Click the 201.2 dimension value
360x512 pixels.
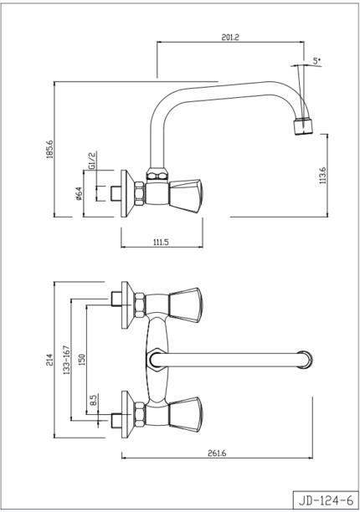[x=230, y=38]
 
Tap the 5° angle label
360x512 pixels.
[x=316, y=61]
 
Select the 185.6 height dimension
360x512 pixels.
[x=49, y=149]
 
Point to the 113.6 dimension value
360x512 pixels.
[x=323, y=176]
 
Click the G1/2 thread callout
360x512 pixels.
[x=92, y=160]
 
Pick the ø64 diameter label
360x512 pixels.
[x=79, y=193]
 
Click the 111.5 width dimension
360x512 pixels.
[x=161, y=242]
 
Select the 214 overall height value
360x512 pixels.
[x=49, y=360]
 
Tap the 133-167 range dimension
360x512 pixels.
[x=67, y=360]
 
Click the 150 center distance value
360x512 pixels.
[x=82, y=360]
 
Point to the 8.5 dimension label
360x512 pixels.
[x=94, y=401]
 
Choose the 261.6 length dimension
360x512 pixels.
[x=217, y=453]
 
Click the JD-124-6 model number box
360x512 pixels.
[x=326, y=499]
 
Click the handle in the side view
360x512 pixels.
[x=186, y=196]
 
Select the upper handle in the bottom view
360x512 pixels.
[x=186, y=305]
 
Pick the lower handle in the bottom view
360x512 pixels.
[x=186, y=415]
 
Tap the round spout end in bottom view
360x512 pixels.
[x=305, y=360]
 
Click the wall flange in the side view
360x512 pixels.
[x=126, y=193]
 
